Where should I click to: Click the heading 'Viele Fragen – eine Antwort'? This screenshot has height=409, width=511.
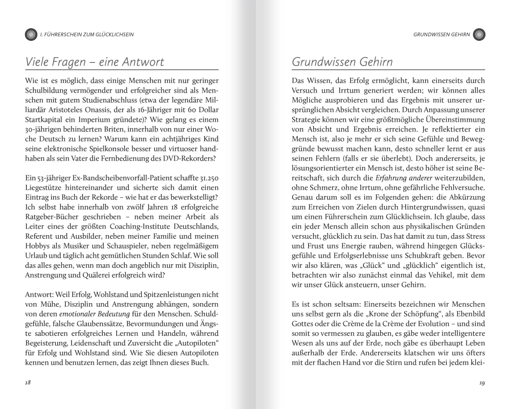pyautogui.click(x=95, y=62)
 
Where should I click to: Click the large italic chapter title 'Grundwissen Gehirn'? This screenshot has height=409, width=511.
pyautogui.click(x=342, y=62)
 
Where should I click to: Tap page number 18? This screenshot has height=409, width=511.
pyautogui.click(x=28, y=383)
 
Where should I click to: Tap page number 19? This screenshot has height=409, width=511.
pyautogui.click(x=482, y=383)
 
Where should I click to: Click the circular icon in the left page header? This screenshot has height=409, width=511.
pyautogui.click(x=31, y=35)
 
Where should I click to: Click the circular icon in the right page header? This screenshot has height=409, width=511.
pyautogui.click(x=479, y=35)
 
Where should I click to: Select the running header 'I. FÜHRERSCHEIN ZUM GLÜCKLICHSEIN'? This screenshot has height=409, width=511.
pyautogui.click(x=90, y=35)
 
